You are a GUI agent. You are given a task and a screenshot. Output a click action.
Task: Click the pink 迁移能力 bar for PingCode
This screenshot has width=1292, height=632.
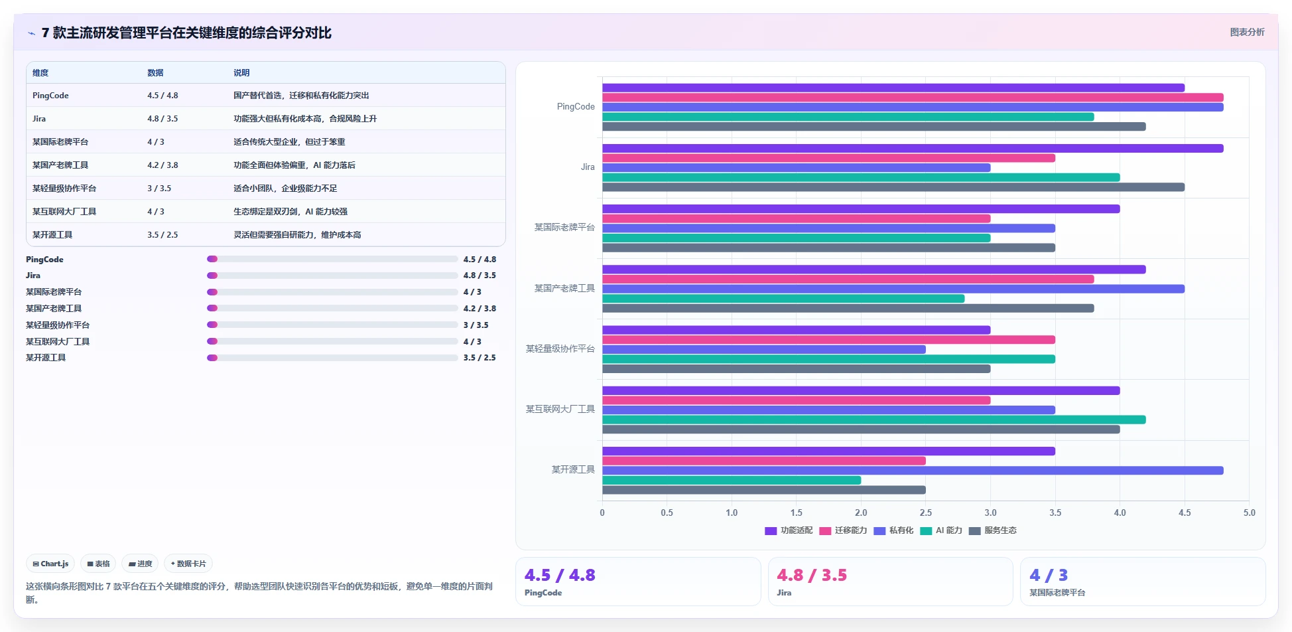coord(913,98)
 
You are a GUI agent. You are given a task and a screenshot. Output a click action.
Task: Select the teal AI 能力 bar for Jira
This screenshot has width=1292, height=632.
coord(861,177)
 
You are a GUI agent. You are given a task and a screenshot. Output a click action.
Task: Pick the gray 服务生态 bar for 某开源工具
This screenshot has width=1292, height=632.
coord(764,490)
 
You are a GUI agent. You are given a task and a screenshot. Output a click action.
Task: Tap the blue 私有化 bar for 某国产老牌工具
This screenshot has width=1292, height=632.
coord(893,289)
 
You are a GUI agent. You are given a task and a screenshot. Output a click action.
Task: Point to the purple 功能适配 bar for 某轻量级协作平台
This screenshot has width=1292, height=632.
coord(796,330)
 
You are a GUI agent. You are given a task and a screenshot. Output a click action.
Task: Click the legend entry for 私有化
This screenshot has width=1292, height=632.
coord(893,530)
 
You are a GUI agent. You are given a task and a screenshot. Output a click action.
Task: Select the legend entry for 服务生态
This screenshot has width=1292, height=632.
coord(993,530)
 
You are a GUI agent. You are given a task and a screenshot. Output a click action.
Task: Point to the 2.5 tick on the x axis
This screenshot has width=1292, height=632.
coord(926,513)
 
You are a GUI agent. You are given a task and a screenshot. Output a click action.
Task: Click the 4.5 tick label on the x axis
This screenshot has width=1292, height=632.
coord(1185,513)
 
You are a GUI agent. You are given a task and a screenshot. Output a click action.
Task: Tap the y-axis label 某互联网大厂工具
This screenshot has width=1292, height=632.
coord(560,409)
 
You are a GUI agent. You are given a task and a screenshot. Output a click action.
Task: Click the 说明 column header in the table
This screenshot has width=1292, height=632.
coord(241,73)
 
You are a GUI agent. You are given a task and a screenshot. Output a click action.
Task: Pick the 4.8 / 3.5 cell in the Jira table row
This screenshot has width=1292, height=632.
coord(162,119)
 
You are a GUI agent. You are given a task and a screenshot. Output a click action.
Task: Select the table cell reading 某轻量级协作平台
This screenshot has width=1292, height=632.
coord(64,189)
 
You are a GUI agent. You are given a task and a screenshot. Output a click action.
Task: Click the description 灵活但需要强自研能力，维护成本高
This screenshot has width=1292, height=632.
coord(297,235)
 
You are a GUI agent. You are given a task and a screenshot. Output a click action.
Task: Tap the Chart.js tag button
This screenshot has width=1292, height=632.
coord(50,564)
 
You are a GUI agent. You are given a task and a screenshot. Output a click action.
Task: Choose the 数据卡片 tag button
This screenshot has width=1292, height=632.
coord(188,564)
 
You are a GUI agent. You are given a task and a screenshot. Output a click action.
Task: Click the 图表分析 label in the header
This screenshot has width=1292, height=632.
coord(1247,32)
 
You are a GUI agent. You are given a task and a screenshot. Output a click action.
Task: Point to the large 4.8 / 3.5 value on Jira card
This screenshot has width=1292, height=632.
coord(812,575)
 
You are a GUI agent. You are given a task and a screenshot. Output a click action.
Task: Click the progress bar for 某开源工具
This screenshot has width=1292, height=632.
coord(332,358)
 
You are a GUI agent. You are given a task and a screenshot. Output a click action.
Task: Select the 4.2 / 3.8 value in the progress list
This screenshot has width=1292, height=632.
coord(480,309)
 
